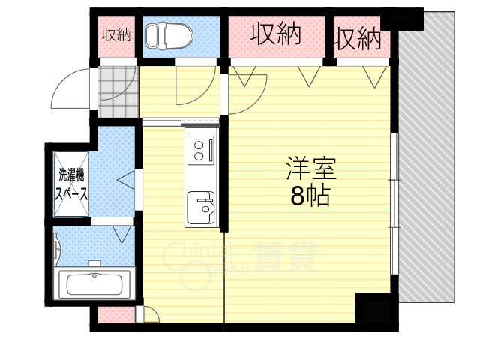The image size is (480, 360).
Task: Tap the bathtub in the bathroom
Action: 94,284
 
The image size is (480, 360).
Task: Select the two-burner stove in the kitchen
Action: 201,146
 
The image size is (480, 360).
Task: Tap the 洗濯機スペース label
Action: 72,184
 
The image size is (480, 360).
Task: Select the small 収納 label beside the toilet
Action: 116,34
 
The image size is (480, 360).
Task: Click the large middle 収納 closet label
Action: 276,34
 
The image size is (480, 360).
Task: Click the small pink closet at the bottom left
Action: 116,315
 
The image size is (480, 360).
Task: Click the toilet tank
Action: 151,34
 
